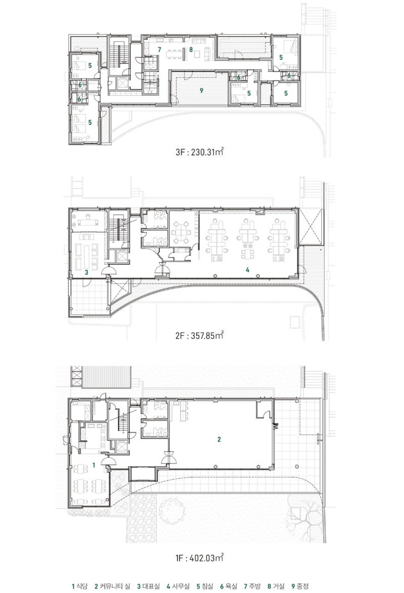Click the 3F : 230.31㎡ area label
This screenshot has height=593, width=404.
click(x=199, y=152)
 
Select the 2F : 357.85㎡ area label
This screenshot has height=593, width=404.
click(x=199, y=335)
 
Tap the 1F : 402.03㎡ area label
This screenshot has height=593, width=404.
click(x=199, y=558)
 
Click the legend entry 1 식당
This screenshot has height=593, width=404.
click(x=79, y=586)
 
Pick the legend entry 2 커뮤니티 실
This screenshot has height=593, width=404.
click(x=112, y=586)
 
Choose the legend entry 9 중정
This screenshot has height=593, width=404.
click(x=300, y=586)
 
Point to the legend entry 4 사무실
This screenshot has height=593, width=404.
click(x=178, y=586)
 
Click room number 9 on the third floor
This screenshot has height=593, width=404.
click(x=201, y=91)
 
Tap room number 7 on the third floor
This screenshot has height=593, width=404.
click(x=160, y=50)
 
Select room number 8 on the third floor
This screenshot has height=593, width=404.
click(x=191, y=50)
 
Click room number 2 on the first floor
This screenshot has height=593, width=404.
click(x=219, y=439)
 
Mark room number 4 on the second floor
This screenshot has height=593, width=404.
click(x=247, y=270)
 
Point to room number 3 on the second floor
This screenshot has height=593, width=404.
click(x=86, y=272)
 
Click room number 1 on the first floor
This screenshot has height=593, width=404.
click(x=93, y=465)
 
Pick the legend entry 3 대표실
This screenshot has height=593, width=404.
click(x=148, y=586)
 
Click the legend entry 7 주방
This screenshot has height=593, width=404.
click(x=252, y=586)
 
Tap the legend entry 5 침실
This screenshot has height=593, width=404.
click(x=205, y=586)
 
